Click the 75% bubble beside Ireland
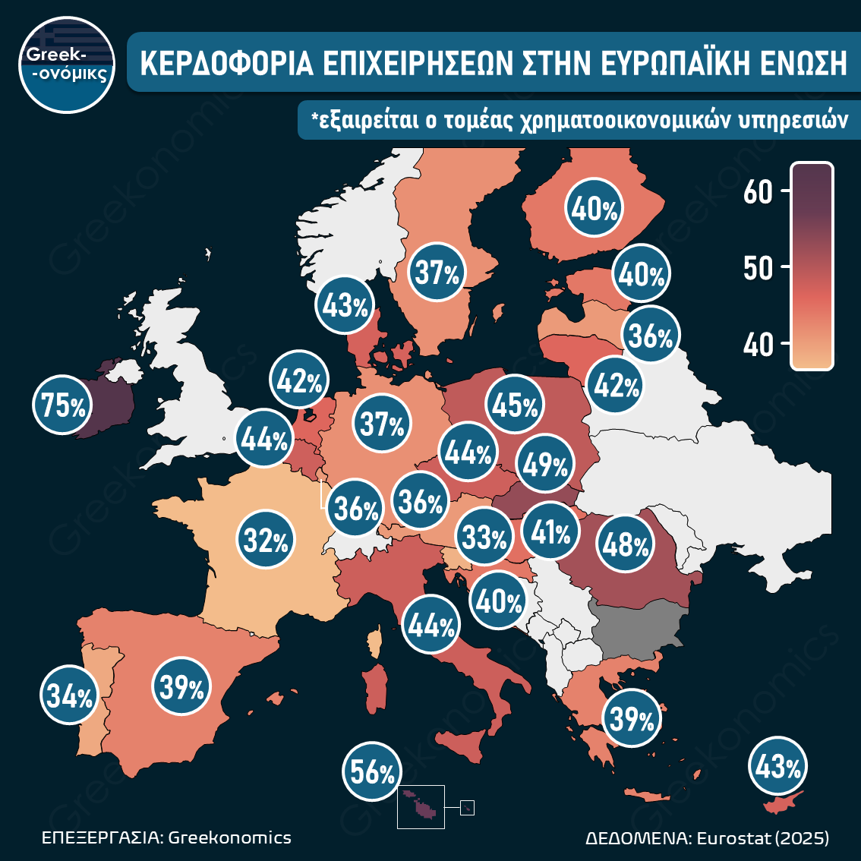tap(62, 406)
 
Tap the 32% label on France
tap(266, 541)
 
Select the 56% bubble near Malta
tap(372, 772)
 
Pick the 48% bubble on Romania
tap(626, 544)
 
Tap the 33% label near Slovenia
tap(484, 538)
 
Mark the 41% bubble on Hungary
tap(550, 532)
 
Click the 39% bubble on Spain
tap(181, 687)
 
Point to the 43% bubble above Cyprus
tap(777, 768)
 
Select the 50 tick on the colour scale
tap(757, 267)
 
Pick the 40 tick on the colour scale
tap(757, 345)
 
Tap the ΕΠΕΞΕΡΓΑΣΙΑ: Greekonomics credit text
tap(166, 837)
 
